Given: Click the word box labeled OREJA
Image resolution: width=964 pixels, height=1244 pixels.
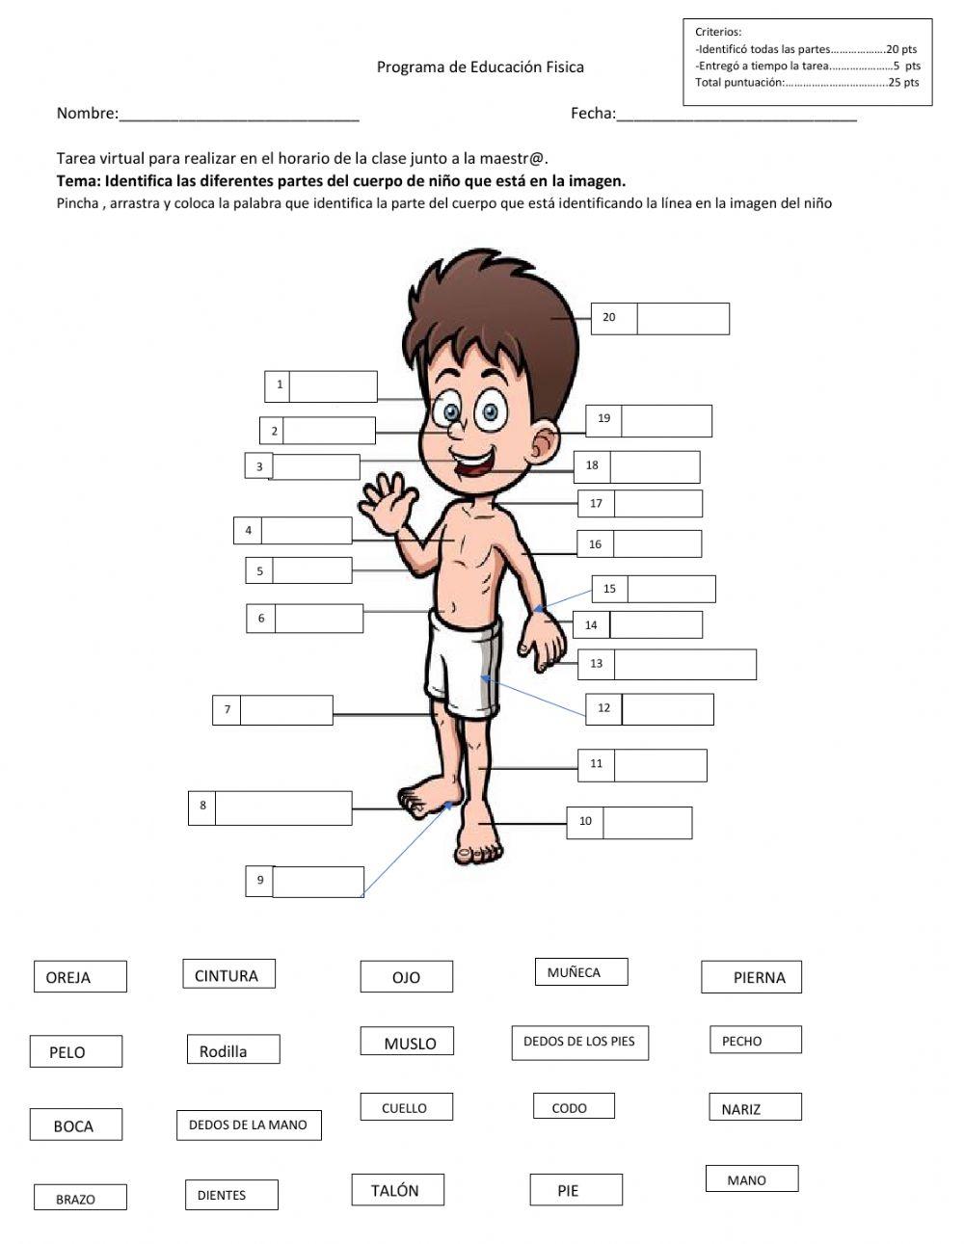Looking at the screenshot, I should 80,976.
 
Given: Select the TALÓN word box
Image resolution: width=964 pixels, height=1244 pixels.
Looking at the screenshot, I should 397,1190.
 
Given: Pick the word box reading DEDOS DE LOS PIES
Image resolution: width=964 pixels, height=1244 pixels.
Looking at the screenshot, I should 579,1042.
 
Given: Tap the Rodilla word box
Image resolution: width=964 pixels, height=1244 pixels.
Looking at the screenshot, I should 233,1050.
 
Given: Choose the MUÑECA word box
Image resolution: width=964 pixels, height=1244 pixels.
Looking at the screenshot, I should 580,972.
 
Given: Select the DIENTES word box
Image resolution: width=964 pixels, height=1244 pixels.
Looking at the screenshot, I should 230,1195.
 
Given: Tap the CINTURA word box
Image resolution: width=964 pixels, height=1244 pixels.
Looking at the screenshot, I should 228,974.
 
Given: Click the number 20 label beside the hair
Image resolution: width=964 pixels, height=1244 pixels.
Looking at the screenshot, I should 609,318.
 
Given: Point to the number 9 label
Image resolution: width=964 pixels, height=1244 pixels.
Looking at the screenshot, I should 260,880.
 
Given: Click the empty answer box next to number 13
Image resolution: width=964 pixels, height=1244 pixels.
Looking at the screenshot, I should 684,664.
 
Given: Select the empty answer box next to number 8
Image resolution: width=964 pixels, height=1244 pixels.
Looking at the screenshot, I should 283,807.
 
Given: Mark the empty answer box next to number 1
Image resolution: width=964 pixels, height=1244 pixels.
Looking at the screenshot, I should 333,386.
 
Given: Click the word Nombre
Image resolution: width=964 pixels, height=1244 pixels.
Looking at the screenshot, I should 87,114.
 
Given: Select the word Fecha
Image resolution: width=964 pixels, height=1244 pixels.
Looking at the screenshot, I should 593,114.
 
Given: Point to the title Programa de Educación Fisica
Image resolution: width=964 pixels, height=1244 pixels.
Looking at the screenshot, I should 479,67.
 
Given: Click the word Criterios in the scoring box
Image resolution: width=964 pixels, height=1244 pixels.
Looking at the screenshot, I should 718,33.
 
